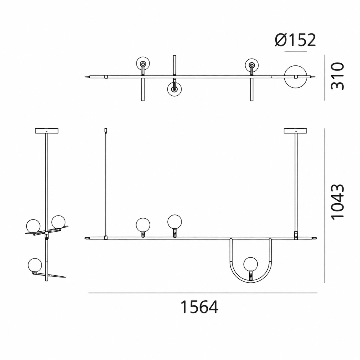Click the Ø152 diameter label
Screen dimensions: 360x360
pyautogui.click(x=295, y=40)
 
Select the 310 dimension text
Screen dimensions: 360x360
pyautogui.click(x=337, y=76)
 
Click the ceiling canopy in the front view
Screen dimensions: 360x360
pyautogui.click(x=295, y=130)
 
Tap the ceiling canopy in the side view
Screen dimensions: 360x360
pyautogui.click(x=47, y=130)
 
